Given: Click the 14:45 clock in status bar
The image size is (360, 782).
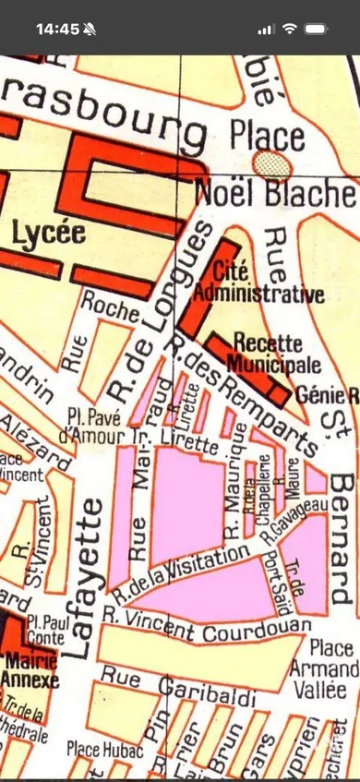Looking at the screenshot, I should click(x=57, y=29).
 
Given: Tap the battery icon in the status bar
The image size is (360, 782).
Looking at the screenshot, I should click(x=315, y=29).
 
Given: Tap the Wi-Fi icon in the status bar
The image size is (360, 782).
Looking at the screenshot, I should click(x=290, y=29).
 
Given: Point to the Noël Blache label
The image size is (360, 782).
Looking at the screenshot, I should click(x=274, y=194).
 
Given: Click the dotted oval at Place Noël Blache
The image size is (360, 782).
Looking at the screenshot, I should click(x=272, y=164).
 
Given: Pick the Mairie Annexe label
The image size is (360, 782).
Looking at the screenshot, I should click(x=31, y=670).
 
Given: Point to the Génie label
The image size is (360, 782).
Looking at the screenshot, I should click(x=318, y=395).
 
